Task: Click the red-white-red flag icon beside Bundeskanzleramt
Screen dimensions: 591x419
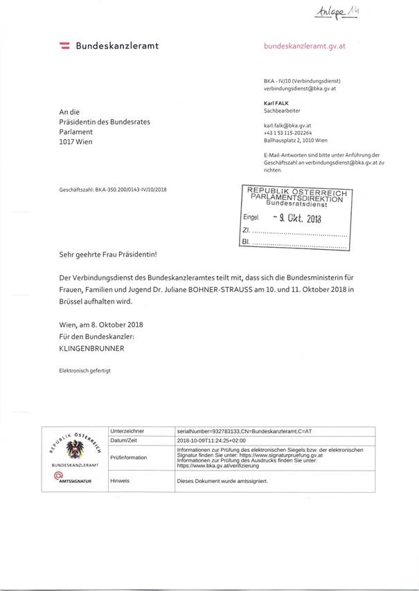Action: [64, 46]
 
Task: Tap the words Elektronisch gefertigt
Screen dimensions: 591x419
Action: [85, 372]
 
